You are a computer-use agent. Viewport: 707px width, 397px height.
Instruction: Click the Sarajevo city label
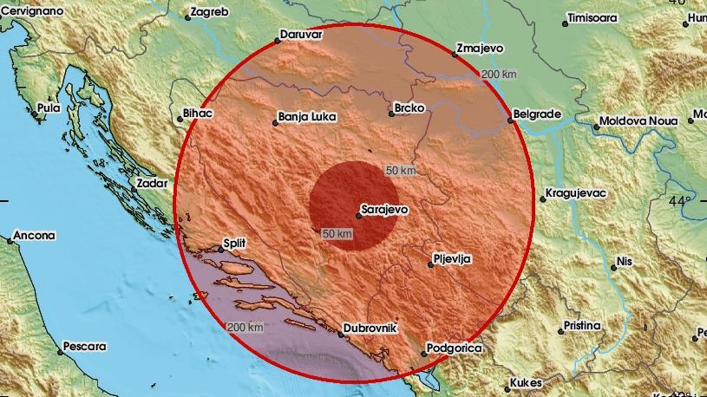point(385,209)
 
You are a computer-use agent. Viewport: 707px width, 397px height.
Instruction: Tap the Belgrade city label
point(537,114)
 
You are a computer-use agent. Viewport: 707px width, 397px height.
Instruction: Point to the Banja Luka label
point(306,117)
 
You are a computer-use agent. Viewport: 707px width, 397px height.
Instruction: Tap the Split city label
point(235,245)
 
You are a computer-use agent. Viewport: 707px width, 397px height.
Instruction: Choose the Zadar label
point(153,183)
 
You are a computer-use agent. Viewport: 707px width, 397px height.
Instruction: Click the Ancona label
point(35,235)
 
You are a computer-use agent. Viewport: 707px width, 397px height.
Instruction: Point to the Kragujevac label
point(577,192)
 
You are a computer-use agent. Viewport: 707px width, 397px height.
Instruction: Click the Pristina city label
point(581,326)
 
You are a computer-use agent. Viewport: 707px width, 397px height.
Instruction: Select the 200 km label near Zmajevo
point(499,75)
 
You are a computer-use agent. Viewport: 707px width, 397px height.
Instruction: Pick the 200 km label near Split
point(245,327)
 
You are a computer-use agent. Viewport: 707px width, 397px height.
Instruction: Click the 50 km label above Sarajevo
point(401,171)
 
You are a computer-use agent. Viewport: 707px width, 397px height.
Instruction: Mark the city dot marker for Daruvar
point(276,39)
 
